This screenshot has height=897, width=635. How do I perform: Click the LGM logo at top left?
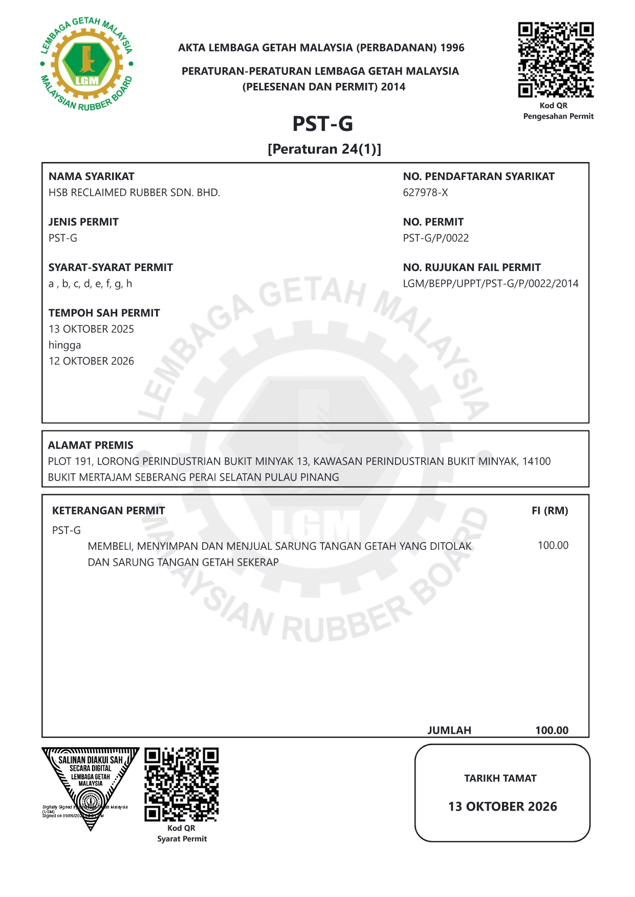click(x=86, y=64)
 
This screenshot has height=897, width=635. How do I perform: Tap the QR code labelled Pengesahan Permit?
click(x=556, y=60)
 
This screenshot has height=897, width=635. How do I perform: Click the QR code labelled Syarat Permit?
click(x=181, y=784)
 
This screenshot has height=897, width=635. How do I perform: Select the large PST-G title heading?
click(x=322, y=124)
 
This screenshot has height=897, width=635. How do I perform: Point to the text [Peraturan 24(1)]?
click(x=324, y=149)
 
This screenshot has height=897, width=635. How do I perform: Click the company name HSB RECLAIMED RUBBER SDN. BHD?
click(x=134, y=193)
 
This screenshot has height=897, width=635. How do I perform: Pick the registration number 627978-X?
click(x=425, y=193)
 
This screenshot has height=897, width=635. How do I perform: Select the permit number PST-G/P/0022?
click(x=435, y=238)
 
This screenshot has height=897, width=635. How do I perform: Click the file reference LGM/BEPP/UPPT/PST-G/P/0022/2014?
click(x=490, y=284)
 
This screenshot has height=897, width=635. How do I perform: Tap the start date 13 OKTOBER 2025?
click(x=91, y=329)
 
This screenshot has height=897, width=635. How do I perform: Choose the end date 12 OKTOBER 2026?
click(x=91, y=361)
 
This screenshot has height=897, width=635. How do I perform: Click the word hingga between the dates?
click(x=64, y=345)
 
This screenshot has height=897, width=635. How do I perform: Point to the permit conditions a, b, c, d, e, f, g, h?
click(x=90, y=284)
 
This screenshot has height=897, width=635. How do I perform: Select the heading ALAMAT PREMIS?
click(x=91, y=445)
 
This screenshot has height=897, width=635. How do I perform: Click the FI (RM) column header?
click(x=550, y=511)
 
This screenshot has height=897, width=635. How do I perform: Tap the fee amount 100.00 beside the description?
click(x=553, y=546)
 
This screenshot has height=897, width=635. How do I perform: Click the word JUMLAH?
click(x=449, y=730)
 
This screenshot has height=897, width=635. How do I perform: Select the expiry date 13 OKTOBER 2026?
click(x=502, y=806)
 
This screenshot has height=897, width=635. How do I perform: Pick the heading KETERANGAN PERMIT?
click(x=108, y=511)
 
